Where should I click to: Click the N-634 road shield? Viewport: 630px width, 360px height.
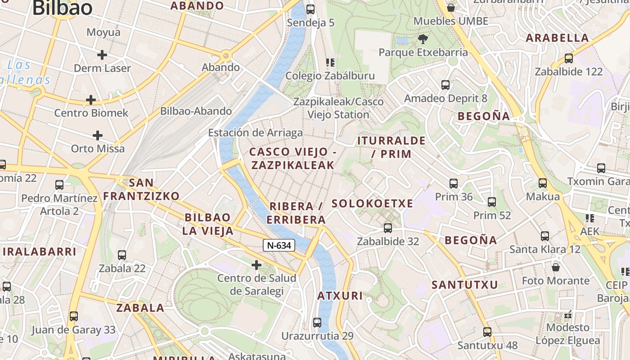279,245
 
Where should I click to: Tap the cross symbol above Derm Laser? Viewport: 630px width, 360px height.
102,55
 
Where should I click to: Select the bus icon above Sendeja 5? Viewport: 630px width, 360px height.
310,9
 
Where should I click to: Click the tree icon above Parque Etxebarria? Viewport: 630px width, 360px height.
423,39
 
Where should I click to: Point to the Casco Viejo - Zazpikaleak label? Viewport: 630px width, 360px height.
293,158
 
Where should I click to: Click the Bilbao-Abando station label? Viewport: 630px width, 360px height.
196,111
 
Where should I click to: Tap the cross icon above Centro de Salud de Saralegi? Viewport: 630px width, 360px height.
256,265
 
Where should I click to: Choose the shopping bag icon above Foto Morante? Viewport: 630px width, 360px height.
556,267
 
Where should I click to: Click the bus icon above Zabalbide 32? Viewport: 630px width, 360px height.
388,228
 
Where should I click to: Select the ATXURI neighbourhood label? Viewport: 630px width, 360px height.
340,296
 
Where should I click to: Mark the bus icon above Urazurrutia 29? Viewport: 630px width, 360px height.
317,323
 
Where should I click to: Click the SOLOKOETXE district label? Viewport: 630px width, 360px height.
372,204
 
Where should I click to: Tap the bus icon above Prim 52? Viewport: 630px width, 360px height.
492,202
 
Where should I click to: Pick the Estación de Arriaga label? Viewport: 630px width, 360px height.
255,133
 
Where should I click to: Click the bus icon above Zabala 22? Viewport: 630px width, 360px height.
122,255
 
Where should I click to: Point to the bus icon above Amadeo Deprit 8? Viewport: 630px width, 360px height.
445,85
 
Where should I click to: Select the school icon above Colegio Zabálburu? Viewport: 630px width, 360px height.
330,62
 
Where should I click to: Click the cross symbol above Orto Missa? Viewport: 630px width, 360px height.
98,135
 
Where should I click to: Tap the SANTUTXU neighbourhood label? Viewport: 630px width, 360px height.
465,285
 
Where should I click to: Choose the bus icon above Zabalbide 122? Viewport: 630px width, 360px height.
569,58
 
